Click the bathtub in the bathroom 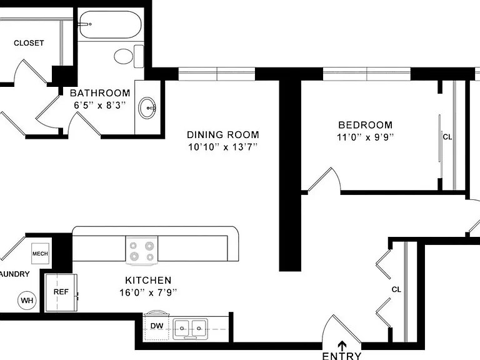pyautogui.click(x=110, y=24)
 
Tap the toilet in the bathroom pyautogui.click(x=129, y=57)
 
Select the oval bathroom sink pyautogui.click(x=147, y=107)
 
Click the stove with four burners pyautogui.click(x=142, y=251)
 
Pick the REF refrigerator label pyautogui.click(x=61, y=292)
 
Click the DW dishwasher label pyautogui.click(x=157, y=326)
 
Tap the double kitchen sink pyautogui.click(x=191, y=329)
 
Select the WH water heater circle pyautogui.click(x=27, y=300)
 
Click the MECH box pyautogui.click(x=40, y=254)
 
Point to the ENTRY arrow pyautogui.click(x=342, y=346)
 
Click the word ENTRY pyautogui.click(x=342, y=356)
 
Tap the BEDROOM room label pyautogui.click(x=366, y=125)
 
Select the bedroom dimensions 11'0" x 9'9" pyautogui.click(x=365, y=137)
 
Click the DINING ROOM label pyautogui.click(x=223, y=135)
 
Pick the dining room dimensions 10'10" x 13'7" pyautogui.click(x=222, y=147)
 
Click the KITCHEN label pyautogui.click(x=148, y=281)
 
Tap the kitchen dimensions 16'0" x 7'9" pyautogui.click(x=148, y=292)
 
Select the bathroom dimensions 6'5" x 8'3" pyautogui.click(x=100, y=105)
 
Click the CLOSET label pyautogui.click(x=29, y=43)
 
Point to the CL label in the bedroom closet pyautogui.click(x=447, y=137)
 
